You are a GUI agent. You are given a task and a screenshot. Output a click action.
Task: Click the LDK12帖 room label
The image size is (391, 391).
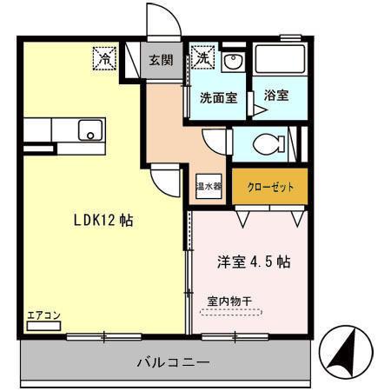pos(103,220)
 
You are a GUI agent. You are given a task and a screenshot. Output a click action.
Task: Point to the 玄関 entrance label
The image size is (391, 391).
pos(161,60)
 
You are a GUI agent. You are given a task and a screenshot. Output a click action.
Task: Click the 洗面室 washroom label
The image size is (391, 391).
pos(218,98)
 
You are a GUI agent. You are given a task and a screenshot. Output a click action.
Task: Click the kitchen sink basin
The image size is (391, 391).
pos(88,131)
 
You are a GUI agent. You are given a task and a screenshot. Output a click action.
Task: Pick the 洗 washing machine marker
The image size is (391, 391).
pos(202,58)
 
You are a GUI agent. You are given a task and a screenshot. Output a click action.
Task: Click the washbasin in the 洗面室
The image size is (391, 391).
pos(230,63)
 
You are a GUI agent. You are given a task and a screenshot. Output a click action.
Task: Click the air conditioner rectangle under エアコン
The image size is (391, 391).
pos(43,328)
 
